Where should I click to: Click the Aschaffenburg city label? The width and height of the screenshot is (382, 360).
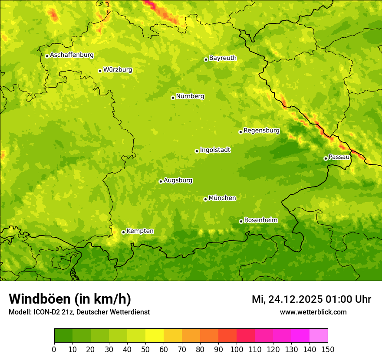72,55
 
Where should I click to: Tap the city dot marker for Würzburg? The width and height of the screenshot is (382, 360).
100,71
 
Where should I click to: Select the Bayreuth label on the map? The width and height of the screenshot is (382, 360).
223,58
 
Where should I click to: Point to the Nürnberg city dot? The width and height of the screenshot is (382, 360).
173,98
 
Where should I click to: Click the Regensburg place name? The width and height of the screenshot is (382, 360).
261,131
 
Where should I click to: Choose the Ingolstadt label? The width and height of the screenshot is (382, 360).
215,150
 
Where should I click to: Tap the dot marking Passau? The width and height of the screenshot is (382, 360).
326,158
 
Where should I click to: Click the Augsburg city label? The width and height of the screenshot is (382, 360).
178,180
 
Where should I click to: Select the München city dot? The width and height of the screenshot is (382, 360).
205,199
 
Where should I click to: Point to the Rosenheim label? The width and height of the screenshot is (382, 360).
260,220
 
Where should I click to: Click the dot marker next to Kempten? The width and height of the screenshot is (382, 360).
123,232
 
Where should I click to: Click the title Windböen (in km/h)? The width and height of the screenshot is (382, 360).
69,299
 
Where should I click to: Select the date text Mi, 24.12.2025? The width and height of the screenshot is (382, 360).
286,299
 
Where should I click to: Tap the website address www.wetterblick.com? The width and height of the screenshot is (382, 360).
313,312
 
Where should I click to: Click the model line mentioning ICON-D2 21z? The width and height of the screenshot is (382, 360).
79,312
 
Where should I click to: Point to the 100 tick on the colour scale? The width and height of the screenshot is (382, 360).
237,349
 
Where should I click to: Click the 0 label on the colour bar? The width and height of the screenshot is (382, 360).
54,349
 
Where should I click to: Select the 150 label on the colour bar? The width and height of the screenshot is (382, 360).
328,349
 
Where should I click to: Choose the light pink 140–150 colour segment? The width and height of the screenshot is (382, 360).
319,335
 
